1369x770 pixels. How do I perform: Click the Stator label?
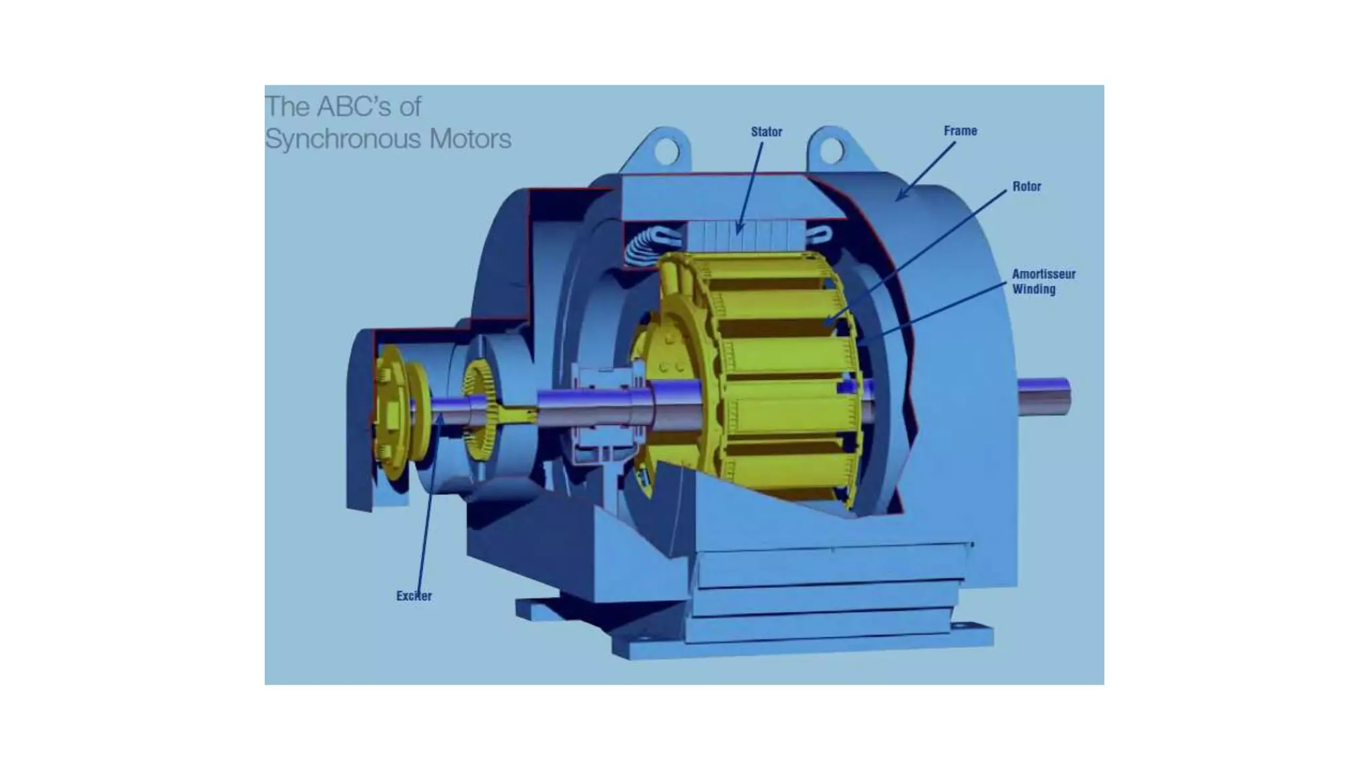click(766, 132)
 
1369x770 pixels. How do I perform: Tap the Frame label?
click(960, 131)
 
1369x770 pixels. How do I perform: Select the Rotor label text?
click(1026, 186)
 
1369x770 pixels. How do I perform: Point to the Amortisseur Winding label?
click(1043, 281)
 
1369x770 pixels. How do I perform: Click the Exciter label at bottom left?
click(414, 596)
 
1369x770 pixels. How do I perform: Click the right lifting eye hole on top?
click(831, 150)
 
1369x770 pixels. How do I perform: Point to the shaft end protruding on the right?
click(1044, 396)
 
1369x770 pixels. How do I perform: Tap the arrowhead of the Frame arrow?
click(900, 196)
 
